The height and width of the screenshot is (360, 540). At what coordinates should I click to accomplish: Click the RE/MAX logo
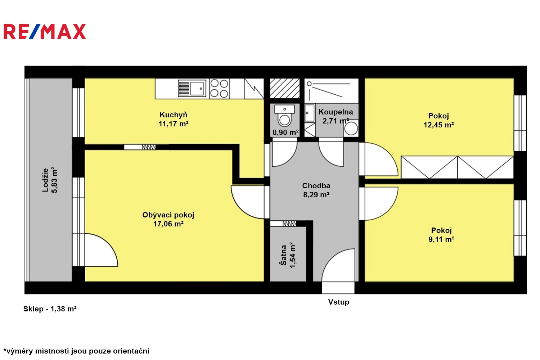(45, 31)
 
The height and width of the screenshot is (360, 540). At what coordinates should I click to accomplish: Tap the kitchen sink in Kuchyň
(192, 88)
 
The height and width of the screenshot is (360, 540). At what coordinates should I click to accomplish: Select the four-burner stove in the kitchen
(219, 89)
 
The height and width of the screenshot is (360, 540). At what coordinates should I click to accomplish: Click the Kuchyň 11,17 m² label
(173, 119)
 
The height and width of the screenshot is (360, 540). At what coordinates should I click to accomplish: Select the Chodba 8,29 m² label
(316, 190)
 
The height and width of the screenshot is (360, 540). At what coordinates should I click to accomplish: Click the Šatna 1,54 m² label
(288, 255)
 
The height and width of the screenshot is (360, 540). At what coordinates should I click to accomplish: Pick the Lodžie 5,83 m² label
(50, 180)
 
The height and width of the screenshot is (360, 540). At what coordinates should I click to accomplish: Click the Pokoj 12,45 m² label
(439, 120)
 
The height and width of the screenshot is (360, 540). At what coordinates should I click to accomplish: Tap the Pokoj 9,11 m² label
(441, 235)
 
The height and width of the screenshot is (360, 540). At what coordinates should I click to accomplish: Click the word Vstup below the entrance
(338, 302)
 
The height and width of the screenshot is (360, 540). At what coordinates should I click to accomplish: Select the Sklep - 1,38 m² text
(50, 309)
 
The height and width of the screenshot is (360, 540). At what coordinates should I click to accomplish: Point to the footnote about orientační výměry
(76, 351)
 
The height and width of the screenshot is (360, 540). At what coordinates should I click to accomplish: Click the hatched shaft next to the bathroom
(285, 88)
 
